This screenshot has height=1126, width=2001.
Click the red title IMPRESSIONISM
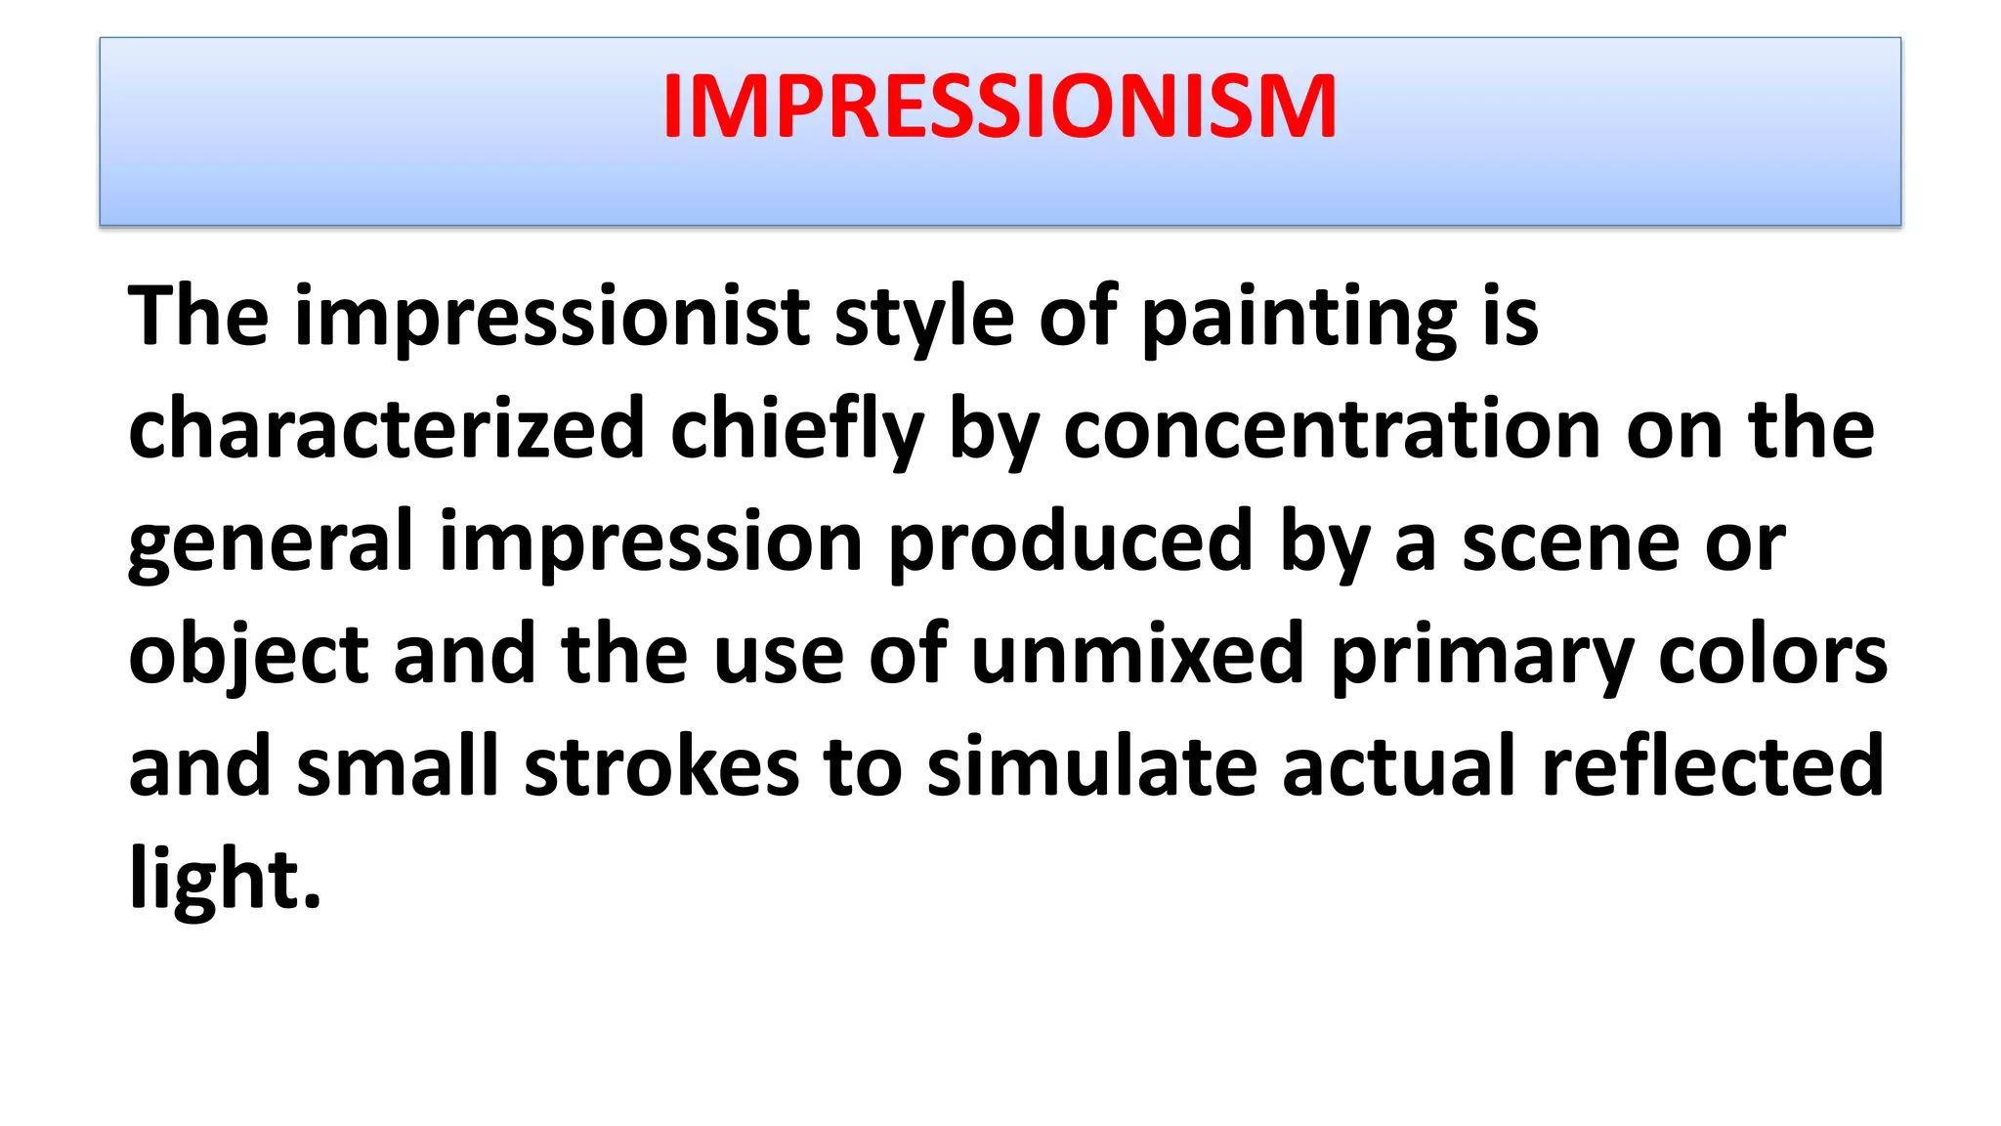1000,108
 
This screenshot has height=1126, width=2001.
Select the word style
924,318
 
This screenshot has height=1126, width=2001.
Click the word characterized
387,430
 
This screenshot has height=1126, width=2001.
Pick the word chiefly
796,430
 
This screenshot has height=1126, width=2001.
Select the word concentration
1331,430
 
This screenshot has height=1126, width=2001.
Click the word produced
1071,543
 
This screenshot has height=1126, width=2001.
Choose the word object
248,656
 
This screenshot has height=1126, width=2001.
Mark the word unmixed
1138,654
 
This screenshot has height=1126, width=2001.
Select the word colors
1772,654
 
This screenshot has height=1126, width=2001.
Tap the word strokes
662,767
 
